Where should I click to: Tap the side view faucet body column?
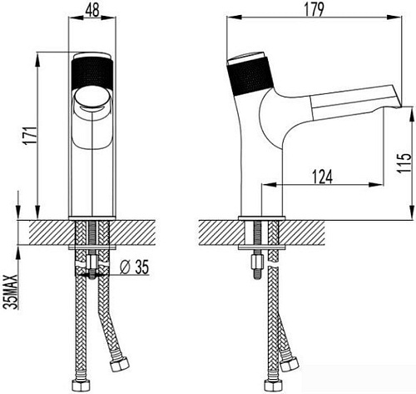tap(263, 167)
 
